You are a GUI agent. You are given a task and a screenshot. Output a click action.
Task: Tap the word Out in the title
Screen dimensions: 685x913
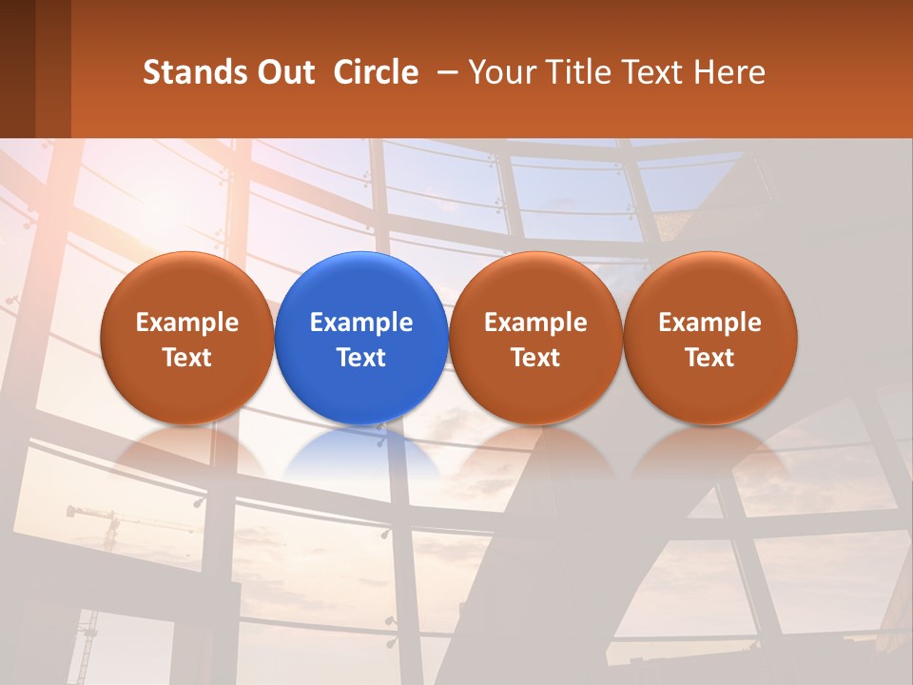click(x=283, y=72)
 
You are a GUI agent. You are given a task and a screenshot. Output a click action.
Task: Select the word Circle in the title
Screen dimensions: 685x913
click(x=376, y=72)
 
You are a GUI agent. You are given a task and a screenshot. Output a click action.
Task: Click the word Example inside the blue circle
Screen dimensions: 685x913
click(x=361, y=323)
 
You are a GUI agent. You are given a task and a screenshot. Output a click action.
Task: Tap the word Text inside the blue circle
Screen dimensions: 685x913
click(x=361, y=358)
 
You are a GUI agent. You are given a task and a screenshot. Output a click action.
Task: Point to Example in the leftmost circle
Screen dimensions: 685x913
click(x=186, y=323)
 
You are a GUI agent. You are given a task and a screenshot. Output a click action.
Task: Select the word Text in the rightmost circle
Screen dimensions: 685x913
click(x=710, y=358)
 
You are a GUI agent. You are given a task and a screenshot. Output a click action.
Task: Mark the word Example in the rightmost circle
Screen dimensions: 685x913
click(x=710, y=323)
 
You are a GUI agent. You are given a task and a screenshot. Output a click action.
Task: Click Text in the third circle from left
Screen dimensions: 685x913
click(x=535, y=358)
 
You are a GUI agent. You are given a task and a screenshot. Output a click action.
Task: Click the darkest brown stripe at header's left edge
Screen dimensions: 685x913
click(x=17, y=68)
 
